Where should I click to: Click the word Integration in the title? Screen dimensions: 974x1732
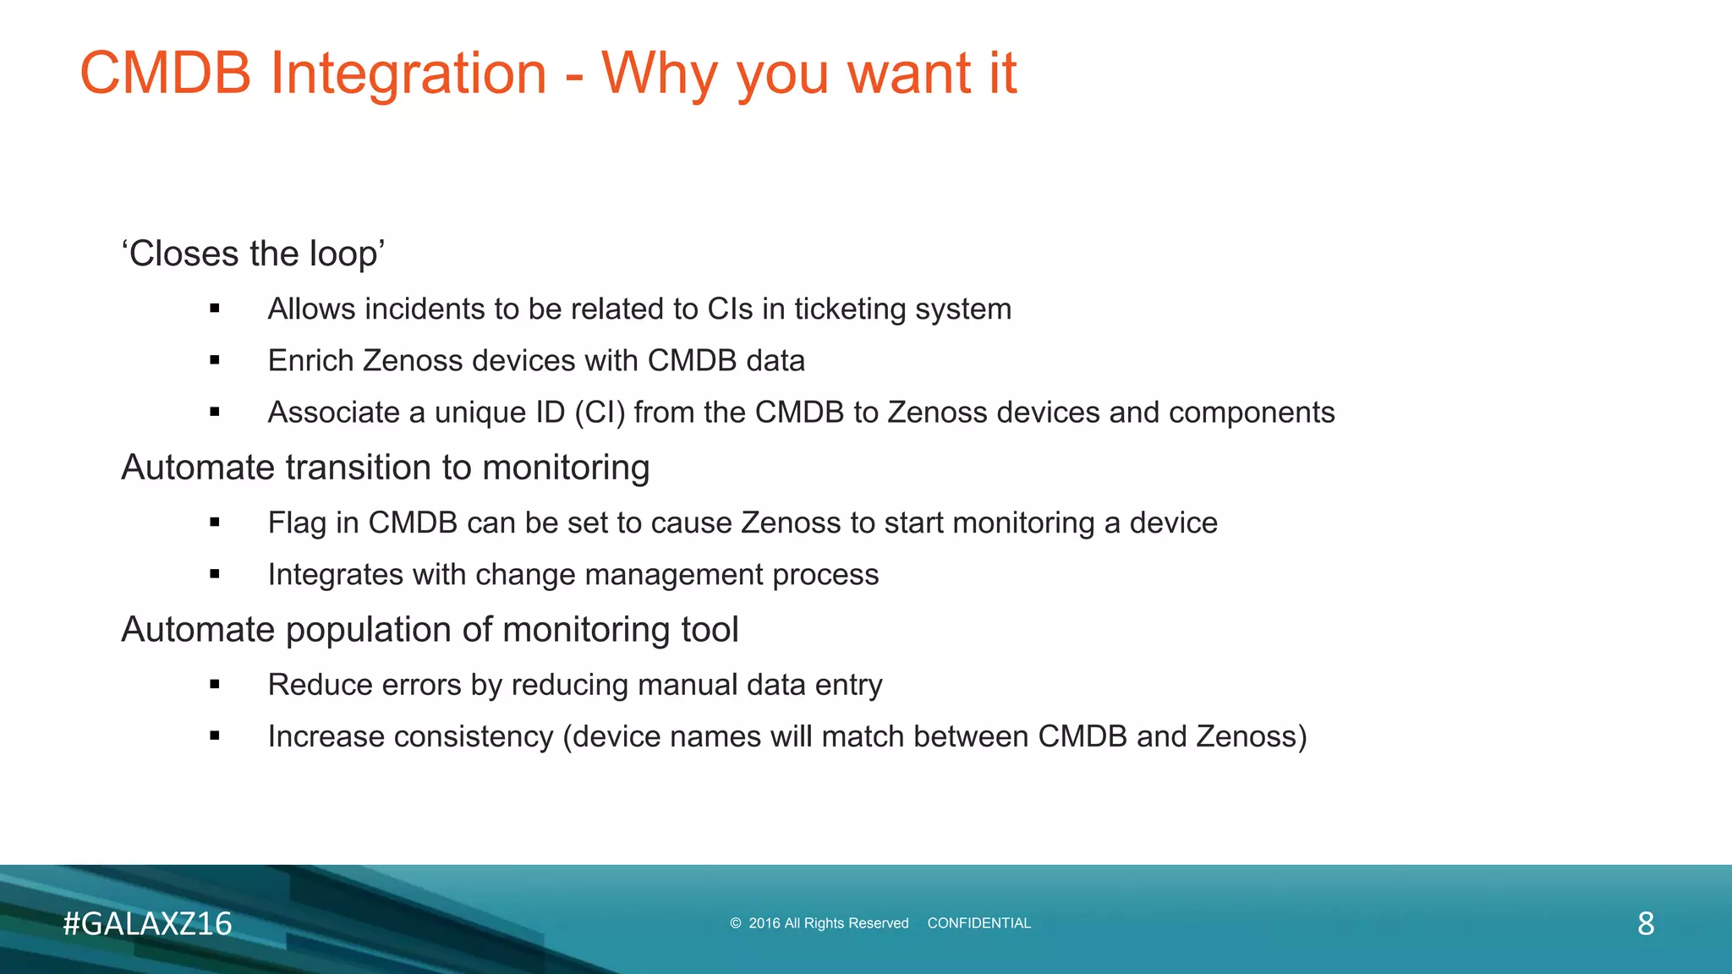(x=408, y=74)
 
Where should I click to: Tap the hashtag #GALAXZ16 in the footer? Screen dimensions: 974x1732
(x=147, y=923)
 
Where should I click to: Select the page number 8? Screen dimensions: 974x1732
(x=1645, y=923)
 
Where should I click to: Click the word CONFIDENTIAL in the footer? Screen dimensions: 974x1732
(x=978, y=923)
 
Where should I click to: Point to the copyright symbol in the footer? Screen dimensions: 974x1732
(x=735, y=923)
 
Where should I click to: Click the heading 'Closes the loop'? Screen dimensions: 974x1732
(x=254, y=254)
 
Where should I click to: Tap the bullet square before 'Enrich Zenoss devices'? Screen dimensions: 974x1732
(x=215, y=361)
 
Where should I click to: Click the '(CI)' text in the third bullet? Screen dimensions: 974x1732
(x=600, y=413)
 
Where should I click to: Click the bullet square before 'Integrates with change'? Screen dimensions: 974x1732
(x=215, y=575)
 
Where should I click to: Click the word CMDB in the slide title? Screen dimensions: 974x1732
(x=166, y=74)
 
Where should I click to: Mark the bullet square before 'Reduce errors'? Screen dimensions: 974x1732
(x=215, y=686)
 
